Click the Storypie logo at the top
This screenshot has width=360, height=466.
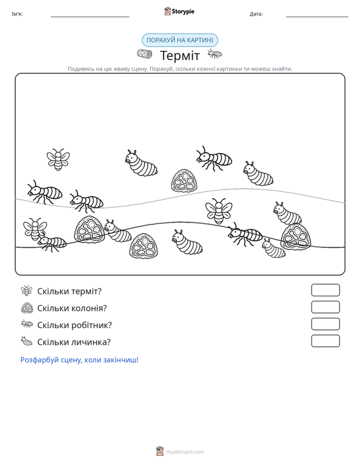tap(179, 11)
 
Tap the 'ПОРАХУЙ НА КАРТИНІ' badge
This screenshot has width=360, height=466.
tap(180, 40)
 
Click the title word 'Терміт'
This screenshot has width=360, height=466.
tap(180, 55)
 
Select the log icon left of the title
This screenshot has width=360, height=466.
tap(144, 54)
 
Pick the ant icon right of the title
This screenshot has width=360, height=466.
tap(214, 54)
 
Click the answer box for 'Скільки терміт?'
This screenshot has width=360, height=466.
tap(326, 290)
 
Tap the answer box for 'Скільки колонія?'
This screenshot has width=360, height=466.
tap(326, 307)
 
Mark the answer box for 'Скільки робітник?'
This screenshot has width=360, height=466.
tap(326, 324)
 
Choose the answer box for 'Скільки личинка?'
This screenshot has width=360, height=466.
tap(326, 341)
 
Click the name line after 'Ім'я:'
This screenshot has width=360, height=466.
tap(90, 17)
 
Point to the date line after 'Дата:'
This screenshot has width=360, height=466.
tap(317, 17)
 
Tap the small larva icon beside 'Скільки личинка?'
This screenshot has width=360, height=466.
tap(27, 341)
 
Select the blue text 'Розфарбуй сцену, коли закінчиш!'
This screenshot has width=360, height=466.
tap(80, 360)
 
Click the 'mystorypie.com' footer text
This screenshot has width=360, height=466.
tap(185, 452)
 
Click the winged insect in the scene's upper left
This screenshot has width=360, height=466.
tap(59, 160)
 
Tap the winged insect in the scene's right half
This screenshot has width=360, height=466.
tap(219, 211)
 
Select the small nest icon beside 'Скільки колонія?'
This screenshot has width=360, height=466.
tap(27, 308)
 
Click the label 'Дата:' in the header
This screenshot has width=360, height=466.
tap(256, 14)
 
